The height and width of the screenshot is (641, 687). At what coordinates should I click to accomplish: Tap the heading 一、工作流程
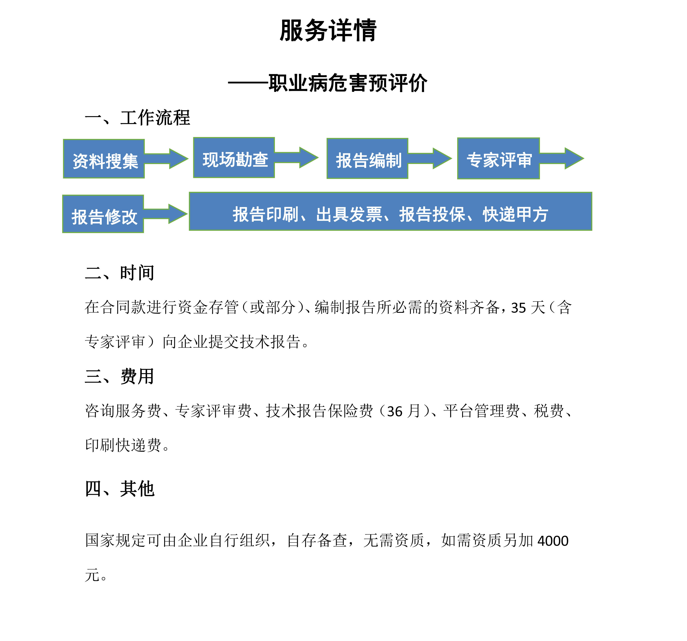[137, 118]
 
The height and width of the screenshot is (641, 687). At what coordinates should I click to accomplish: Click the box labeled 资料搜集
[104, 159]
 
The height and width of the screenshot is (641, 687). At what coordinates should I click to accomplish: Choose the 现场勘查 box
[234, 157]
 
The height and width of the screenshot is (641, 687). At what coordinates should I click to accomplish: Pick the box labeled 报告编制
[367, 159]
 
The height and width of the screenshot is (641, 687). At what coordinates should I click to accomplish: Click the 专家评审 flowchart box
[498, 159]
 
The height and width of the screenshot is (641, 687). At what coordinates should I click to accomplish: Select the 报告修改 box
[103, 214]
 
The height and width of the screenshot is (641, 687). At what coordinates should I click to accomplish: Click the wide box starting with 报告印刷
[391, 211]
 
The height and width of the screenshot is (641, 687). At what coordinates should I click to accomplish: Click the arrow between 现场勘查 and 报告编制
[296, 157]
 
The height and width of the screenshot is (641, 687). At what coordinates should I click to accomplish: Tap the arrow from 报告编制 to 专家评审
[430, 159]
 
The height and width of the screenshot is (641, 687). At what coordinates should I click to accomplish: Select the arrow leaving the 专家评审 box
[562, 159]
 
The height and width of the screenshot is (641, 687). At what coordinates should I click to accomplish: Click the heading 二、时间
[119, 273]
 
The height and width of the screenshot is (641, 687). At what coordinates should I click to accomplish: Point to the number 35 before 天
[518, 308]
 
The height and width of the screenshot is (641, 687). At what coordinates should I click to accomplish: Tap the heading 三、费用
[119, 376]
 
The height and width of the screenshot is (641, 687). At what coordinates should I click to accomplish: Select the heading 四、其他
[119, 489]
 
